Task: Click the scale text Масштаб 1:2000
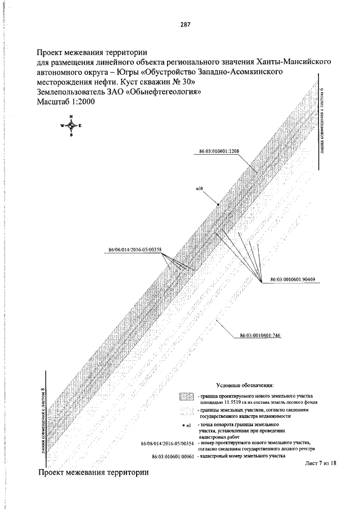click(66, 102)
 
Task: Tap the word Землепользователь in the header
click(71, 92)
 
